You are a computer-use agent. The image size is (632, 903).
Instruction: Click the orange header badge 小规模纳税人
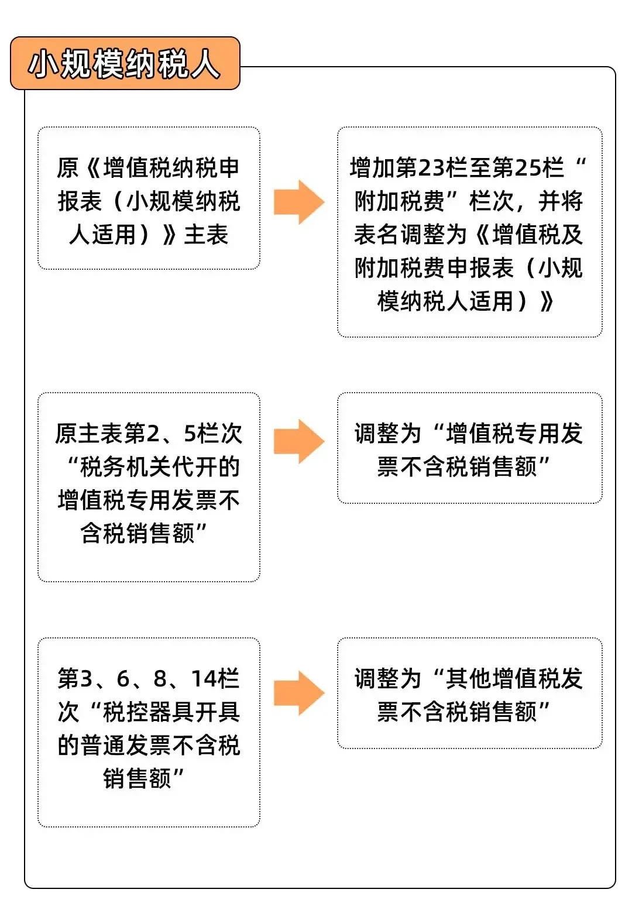(x=125, y=63)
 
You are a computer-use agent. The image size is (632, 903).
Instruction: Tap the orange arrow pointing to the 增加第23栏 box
(x=299, y=202)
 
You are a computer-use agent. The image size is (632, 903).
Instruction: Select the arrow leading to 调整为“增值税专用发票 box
(x=299, y=441)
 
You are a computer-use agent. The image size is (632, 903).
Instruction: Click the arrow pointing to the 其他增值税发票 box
(x=299, y=693)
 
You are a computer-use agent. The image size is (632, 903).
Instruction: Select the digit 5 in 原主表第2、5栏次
(x=190, y=434)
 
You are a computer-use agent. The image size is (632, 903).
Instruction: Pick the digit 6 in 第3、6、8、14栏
(x=123, y=678)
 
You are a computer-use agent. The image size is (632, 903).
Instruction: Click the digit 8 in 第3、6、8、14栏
(x=160, y=678)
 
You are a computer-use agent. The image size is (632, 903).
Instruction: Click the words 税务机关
(x=125, y=467)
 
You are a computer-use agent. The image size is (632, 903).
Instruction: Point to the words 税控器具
(x=148, y=712)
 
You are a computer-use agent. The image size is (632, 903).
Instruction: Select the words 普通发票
(x=126, y=746)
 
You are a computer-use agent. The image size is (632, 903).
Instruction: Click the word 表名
(x=377, y=235)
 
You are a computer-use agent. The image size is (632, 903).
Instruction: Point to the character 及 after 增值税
(x=572, y=235)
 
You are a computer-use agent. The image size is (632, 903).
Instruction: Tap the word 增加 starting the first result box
(x=372, y=168)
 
